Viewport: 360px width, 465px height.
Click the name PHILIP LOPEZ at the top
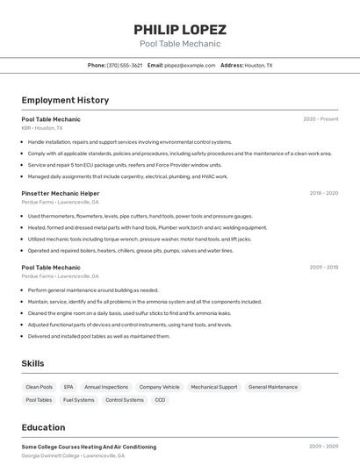coord(180,30)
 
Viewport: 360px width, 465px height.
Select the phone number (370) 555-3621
coord(125,65)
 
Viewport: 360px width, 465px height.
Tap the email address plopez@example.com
coord(190,65)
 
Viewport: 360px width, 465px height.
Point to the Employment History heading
coord(65,100)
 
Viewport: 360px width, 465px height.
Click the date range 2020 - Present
coord(320,118)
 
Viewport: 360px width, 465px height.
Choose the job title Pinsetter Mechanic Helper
coord(61,193)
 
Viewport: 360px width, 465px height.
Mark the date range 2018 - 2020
coord(323,193)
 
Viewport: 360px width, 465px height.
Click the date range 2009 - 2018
coord(323,268)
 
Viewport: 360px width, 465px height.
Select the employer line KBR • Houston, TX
coord(42,127)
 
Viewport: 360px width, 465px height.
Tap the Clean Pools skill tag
coord(40,387)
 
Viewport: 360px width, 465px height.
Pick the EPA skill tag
coord(68,387)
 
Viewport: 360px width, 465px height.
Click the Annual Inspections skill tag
coord(106,387)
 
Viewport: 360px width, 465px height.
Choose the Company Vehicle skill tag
coord(159,387)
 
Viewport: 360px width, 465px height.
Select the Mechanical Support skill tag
coord(214,387)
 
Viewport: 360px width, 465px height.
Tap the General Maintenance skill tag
coord(272,387)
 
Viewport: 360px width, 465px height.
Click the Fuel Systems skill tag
coord(79,400)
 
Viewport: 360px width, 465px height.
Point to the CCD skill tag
coord(160,400)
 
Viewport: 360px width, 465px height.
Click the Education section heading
coord(43,427)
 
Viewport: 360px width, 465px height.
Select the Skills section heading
coord(32,363)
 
